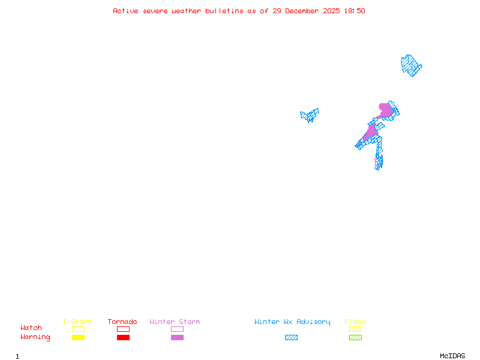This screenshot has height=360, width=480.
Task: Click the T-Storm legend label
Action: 77,322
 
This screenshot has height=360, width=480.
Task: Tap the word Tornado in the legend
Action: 122,322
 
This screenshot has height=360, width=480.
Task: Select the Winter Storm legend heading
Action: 175,322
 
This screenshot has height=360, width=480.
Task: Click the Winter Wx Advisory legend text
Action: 292,322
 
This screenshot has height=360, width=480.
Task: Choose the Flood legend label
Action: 355,322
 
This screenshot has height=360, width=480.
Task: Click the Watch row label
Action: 31,328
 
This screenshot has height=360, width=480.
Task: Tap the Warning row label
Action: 35,337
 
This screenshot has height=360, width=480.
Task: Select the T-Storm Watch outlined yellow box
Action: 78,329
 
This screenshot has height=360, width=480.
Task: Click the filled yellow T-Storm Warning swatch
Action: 78,337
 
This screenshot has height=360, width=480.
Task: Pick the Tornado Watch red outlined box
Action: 123,329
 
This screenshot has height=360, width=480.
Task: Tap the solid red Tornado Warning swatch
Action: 123,337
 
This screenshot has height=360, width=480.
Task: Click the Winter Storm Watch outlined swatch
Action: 177,329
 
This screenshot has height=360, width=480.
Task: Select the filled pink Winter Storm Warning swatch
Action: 177,337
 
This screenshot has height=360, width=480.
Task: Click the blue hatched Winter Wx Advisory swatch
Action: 291,337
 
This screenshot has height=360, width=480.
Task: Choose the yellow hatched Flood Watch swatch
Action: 355,329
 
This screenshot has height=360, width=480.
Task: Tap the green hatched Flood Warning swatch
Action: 355,337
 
